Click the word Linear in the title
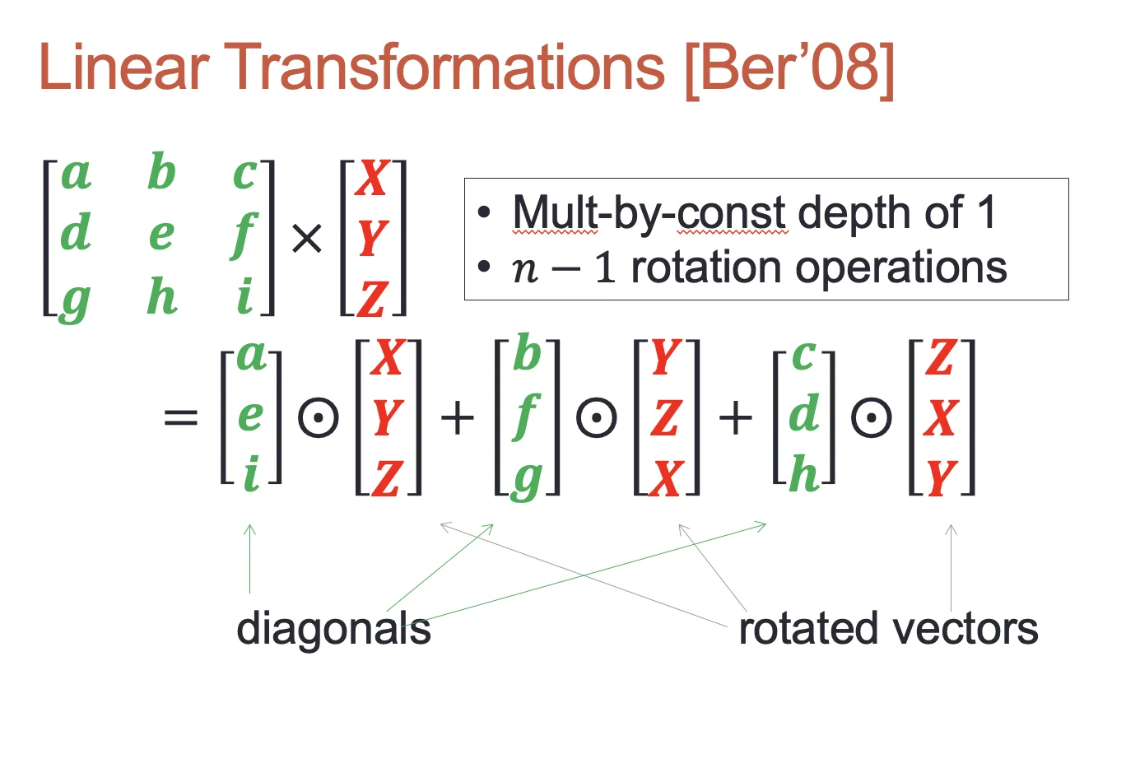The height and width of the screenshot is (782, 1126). click(124, 67)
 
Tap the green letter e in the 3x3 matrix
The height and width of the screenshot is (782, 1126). click(162, 235)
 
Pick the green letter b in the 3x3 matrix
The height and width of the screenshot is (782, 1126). click(161, 171)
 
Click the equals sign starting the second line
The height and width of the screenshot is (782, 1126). click(181, 417)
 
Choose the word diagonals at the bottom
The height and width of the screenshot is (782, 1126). click(334, 630)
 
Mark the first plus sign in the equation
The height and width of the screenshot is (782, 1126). click(457, 417)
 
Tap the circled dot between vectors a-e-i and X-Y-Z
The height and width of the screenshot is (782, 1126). click(319, 417)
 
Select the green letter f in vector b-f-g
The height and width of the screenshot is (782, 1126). click(527, 417)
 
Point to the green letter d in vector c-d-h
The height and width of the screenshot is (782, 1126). click(804, 413)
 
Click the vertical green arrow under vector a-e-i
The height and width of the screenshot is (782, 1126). click(250, 558)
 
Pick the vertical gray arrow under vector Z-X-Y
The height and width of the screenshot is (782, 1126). click(951, 567)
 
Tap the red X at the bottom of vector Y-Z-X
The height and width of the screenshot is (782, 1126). click(667, 479)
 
